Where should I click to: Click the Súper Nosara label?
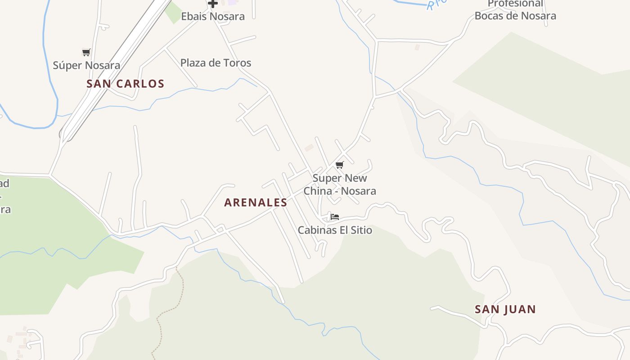pos(86,65)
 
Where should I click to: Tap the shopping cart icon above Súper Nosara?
pos(86,53)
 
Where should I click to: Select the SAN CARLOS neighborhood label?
pos(125,84)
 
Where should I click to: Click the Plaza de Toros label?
pos(216,63)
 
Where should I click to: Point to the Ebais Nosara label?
pos(213,17)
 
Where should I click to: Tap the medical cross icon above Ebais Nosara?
pos(213,4)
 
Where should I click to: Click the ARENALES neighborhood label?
pos(256,202)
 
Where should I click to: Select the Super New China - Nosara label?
pos(340,184)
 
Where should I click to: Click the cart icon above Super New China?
pos(340,165)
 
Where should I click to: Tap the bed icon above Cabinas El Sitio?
pos(334,217)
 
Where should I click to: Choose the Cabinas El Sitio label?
pos(335,230)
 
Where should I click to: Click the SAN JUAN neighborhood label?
pos(505,310)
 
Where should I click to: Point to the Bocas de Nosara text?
pos(515,16)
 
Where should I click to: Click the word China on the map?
pos(318,191)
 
